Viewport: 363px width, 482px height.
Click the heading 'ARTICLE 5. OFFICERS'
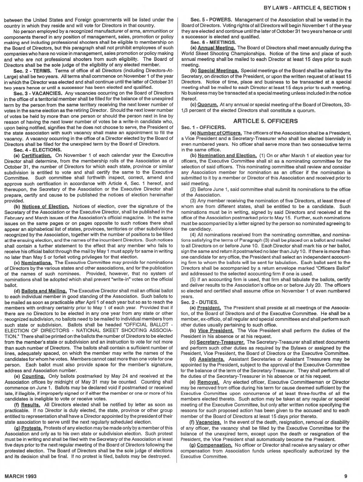pos(265,121)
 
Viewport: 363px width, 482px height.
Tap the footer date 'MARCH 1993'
pos(21,476)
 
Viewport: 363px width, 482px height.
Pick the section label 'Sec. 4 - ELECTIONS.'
pos(33,150)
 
